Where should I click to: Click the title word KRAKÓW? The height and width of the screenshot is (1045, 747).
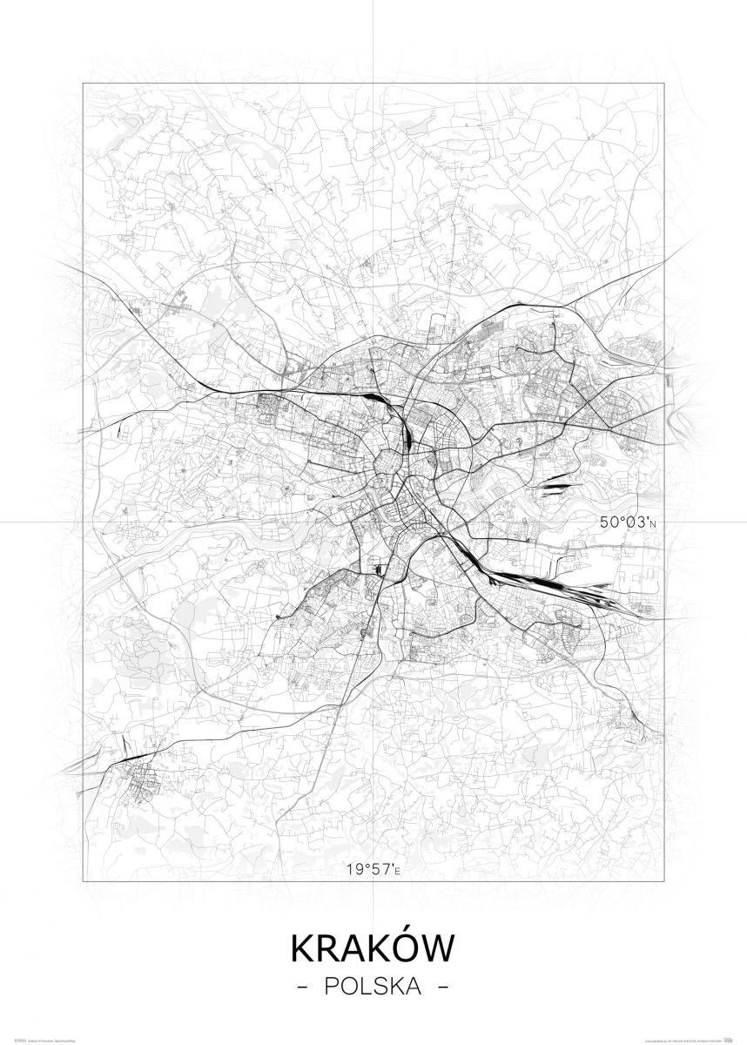pyautogui.click(x=373, y=948)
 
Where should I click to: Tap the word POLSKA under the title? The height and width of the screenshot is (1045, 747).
pyautogui.click(x=373, y=988)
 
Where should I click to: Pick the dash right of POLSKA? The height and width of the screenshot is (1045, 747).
pyautogui.click(x=443, y=988)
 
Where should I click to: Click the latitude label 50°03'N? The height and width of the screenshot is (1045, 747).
pyautogui.click(x=626, y=522)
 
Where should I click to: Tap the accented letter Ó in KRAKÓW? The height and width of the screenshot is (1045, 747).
pyautogui.click(x=400, y=947)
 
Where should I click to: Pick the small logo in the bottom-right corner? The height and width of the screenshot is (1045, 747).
pyautogui.click(x=731, y=1038)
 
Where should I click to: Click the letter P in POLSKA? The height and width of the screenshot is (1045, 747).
pyautogui.click(x=328, y=988)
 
